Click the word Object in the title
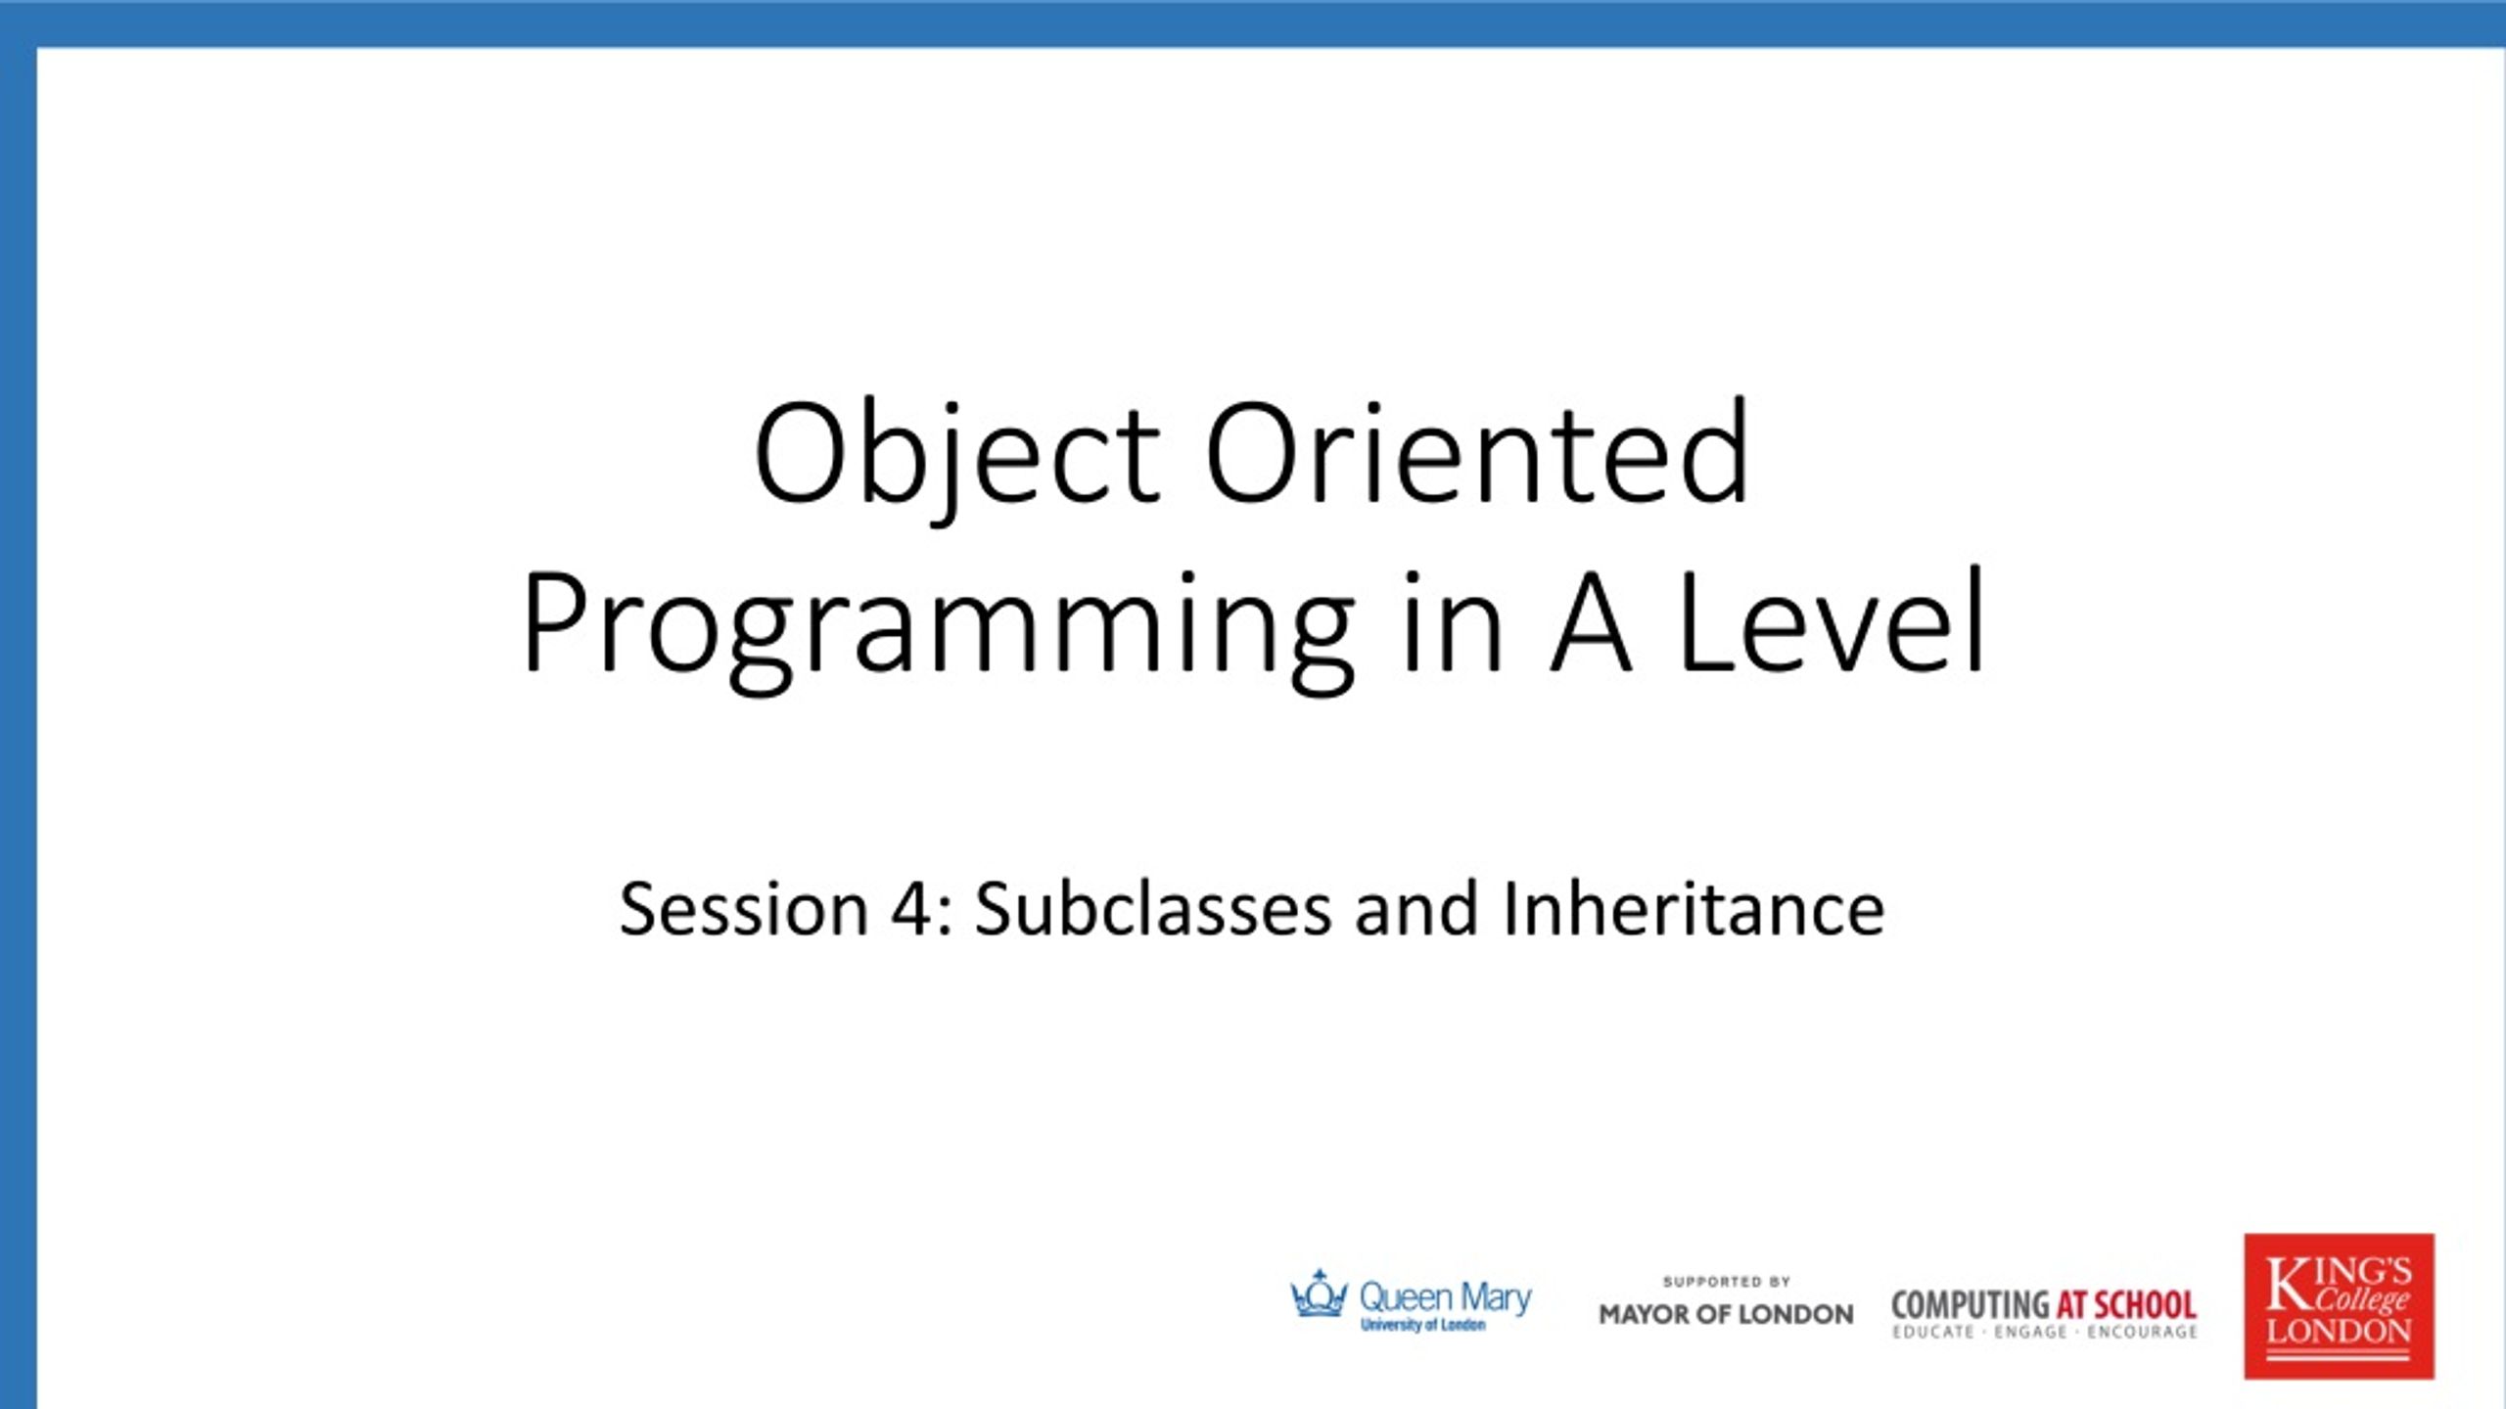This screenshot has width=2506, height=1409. [957, 457]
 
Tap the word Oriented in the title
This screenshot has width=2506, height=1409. [1477, 451]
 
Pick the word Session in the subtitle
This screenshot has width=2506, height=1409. [745, 909]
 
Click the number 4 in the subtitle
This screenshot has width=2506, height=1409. [911, 909]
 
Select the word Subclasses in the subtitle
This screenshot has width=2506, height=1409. [1153, 907]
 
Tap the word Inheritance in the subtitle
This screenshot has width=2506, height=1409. [1693, 907]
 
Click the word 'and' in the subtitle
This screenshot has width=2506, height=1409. [1416, 907]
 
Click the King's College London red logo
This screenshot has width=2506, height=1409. [2339, 1306]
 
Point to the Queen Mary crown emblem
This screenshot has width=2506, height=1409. [1319, 1294]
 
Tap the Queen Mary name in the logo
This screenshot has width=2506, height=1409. [1446, 1298]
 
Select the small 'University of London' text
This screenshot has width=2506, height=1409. [1423, 1325]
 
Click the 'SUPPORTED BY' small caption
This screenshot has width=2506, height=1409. [1727, 1281]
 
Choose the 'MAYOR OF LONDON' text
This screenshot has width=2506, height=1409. [1726, 1314]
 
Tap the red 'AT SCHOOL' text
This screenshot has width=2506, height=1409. [2126, 1305]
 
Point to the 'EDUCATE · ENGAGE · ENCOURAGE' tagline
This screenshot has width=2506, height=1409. [2045, 1332]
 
